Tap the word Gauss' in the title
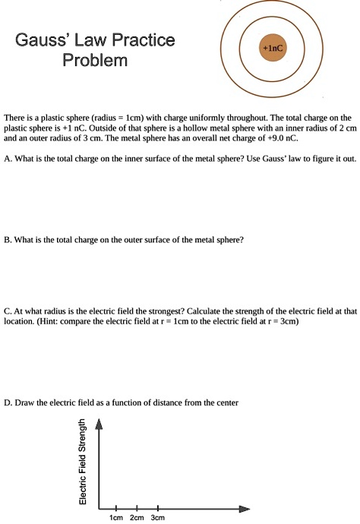point(43,39)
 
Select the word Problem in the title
point(95,59)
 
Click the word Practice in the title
point(141,39)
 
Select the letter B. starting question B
point(8,239)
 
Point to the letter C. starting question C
point(8,311)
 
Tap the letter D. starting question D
point(8,402)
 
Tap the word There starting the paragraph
point(15,118)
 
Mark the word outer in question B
point(127,239)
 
